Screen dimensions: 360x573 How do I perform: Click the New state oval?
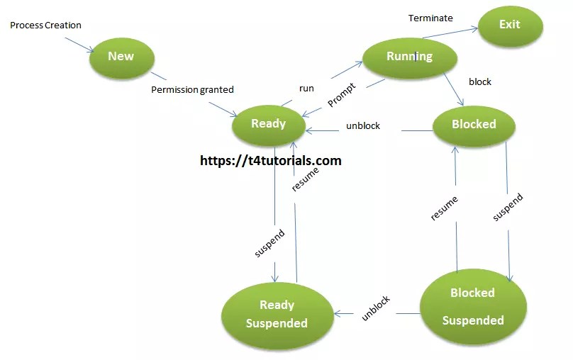click(x=121, y=56)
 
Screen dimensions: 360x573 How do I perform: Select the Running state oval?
click(x=408, y=57)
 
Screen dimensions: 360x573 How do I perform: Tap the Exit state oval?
click(x=510, y=25)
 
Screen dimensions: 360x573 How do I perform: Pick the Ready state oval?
click(x=269, y=124)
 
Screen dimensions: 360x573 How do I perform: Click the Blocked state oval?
click(x=474, y=124)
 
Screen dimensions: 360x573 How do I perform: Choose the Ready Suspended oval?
click(x=277, y=314)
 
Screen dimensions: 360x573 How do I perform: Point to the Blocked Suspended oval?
click(x=473, y=306)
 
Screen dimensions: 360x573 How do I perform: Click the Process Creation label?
click(x=45, y=26)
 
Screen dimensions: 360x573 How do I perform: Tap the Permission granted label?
click(x=193, y=90)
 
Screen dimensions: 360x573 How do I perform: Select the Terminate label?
click(x=430, y=18)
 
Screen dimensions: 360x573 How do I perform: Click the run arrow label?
click(x=306, y=89)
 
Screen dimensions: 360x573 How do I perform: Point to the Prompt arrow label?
click(x=341, y=96)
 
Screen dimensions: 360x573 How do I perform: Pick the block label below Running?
click(x=480, y=81)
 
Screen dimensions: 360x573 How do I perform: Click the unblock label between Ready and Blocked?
click(x=363, y=126)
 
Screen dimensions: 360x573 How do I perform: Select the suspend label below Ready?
click(x=269, y=242)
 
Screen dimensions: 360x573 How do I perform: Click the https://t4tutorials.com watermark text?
click(x=271, y=161)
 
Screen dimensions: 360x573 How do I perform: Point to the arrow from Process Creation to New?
click(x=79, y=44)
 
